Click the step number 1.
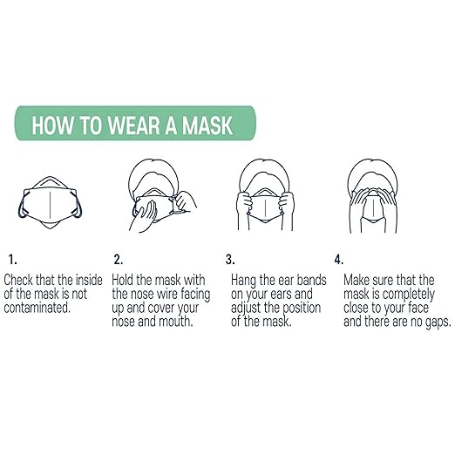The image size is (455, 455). click(11, 259)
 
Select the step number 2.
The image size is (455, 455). click(118, 259)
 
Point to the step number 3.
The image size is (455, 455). click(230, 259)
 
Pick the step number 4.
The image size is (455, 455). click(338, 259)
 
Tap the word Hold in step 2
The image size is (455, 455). click(127, 280)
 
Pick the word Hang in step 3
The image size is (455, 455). click(246, 280)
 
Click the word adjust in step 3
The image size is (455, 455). click(250, 308)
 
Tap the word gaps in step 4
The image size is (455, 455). click(421, 322)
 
